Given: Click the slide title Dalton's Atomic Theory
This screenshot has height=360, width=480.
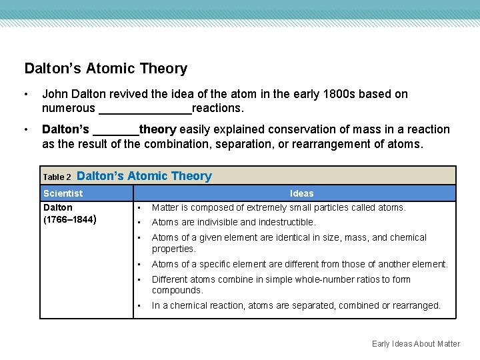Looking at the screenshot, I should tap(106, 69).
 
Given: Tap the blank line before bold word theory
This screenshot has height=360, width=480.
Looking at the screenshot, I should tap(116, 130).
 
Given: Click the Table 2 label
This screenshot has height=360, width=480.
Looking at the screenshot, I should tap(57, 177).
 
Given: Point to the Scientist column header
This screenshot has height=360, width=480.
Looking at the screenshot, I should tap(63, 193).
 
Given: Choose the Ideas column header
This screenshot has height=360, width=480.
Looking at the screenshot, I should tap(301, 193).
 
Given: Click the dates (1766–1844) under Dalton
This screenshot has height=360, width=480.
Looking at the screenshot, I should tap(69, 219).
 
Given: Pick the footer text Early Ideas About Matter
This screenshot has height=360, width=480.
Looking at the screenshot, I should tap(416, 344).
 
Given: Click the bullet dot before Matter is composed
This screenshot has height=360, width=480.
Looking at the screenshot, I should tap(139, 207).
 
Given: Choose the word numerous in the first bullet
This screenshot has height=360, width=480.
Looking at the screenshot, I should tap(69, 108).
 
